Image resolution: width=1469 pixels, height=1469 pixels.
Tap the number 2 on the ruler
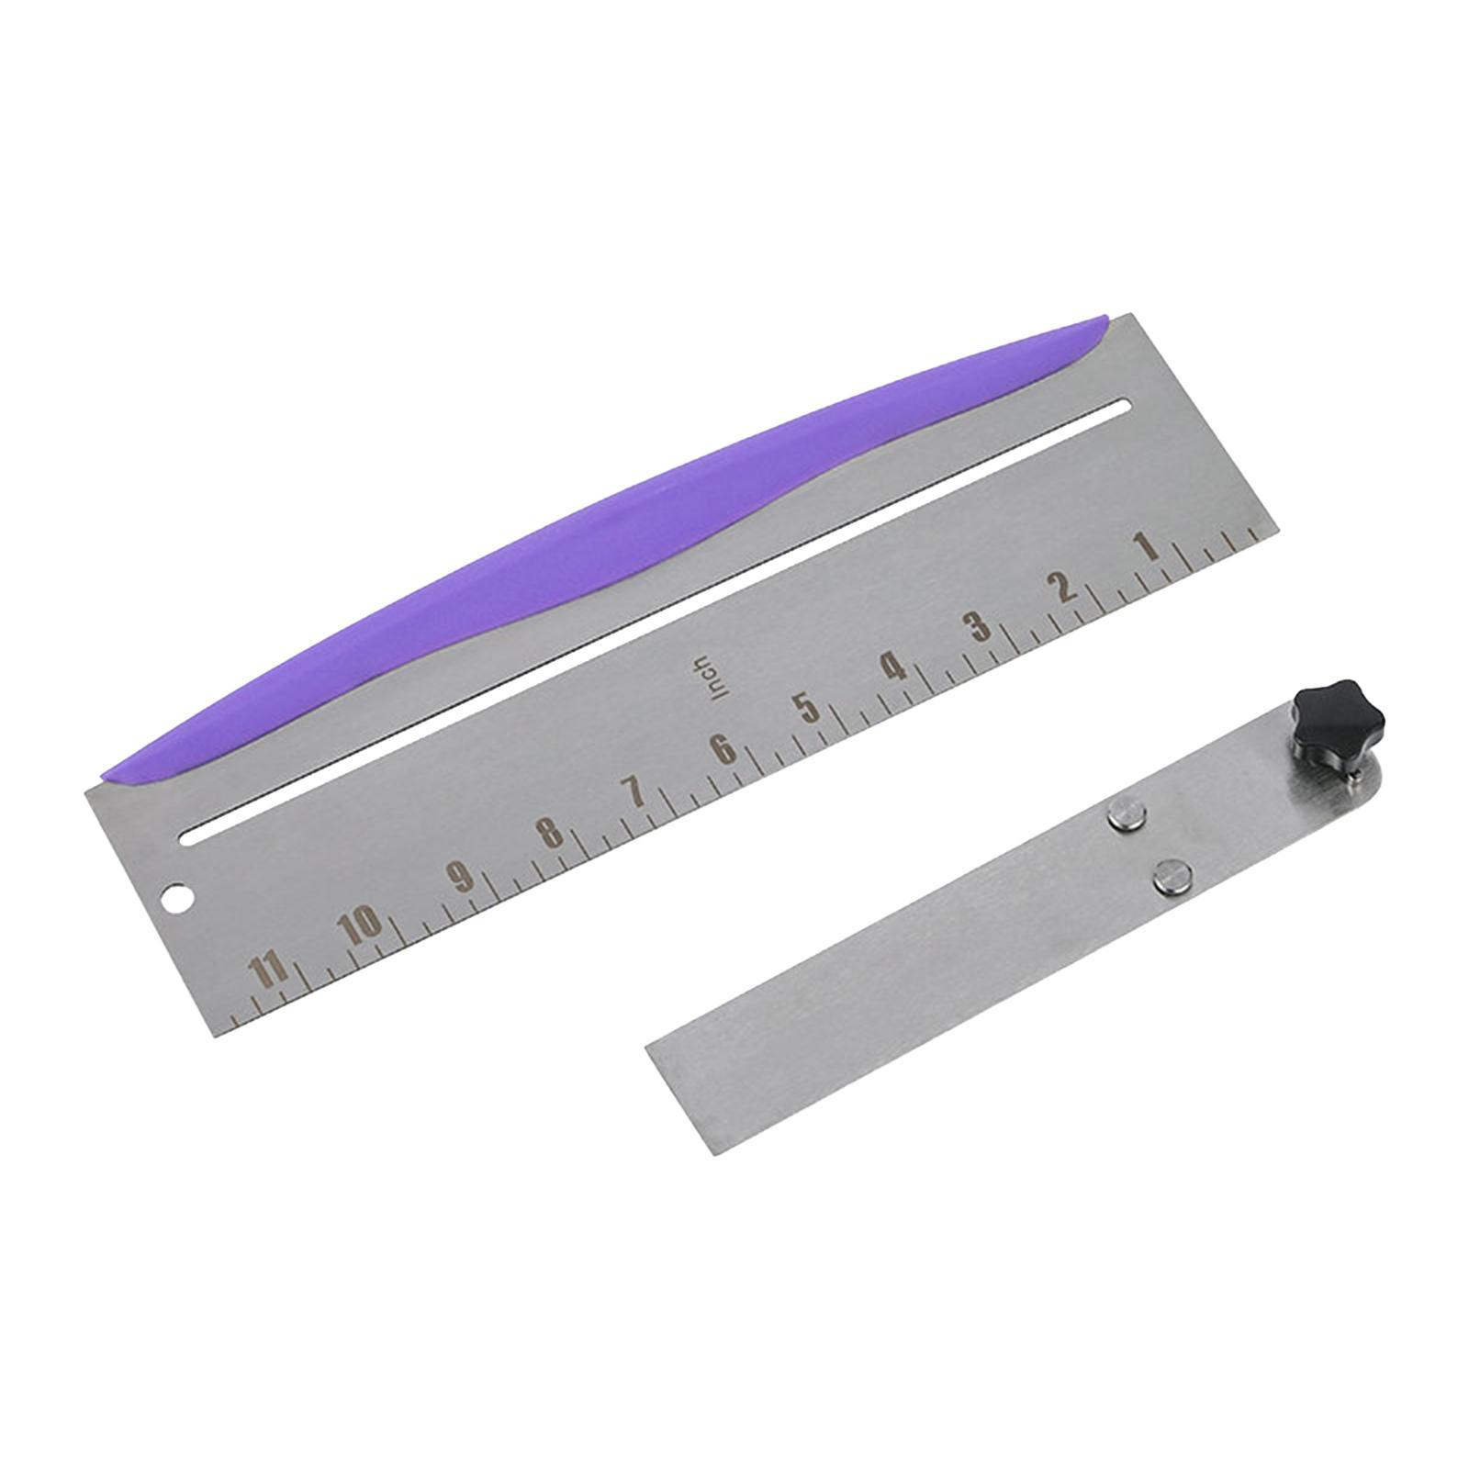pos(1064,587)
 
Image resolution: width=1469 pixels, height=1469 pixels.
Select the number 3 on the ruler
pos(979,626)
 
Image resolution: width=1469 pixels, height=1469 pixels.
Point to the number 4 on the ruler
pos(891,666)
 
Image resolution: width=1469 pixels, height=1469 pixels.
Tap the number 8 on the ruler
pos(549,832)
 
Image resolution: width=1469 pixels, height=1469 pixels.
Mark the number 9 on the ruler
pos(459,875)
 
